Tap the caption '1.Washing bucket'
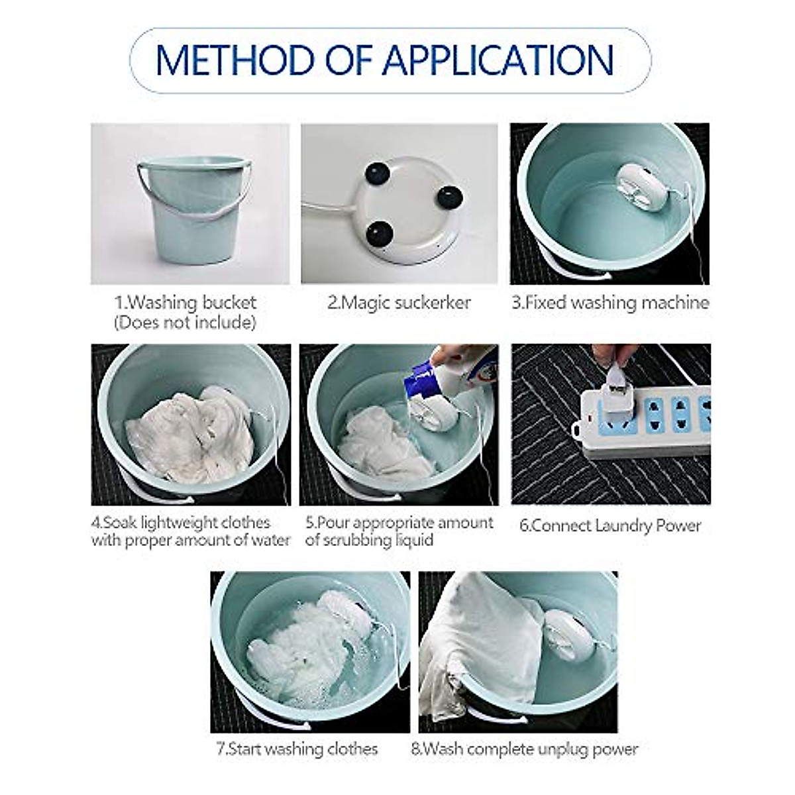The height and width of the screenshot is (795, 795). pyautogui.click(x=185, y=303)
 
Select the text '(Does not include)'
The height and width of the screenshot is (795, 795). pyautogui.click(x=184, y=323)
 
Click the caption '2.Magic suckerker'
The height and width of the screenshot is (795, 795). pyautogui.click(x=399, y=303)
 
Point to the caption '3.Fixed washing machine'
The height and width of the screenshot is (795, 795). pyautogui.click(x=609, y=303)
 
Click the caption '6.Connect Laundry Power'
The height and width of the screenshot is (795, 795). pyautogui.click(x=609, y=525)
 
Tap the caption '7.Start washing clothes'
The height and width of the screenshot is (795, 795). pyautogui.click(x=297, y=749)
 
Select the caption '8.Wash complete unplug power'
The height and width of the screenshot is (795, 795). pyautogui.click(x=524, y=749)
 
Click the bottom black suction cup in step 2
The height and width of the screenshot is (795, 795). pyautogui.click(x=380, y=235)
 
